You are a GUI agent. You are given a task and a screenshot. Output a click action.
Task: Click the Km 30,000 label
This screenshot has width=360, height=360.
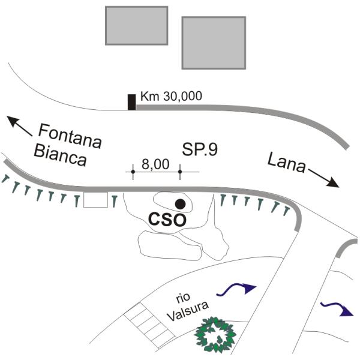(x=171, y=96)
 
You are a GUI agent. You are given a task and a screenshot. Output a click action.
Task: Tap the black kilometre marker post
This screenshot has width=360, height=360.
(x=131, y=102)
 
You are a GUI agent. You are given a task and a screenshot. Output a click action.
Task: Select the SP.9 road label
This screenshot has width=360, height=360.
(x=200, y=149)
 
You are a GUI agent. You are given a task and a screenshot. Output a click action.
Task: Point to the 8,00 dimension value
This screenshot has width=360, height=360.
(x=155, y=164)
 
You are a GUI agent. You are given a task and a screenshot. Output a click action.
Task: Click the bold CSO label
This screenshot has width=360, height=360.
(x=167, y=220)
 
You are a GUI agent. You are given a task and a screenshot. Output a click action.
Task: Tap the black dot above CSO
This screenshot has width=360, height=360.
(x=180, y=204)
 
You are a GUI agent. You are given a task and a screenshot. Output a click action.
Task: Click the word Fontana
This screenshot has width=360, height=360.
(x=70, y=136)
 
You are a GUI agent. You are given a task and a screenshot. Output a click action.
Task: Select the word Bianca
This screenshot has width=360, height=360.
(x=60, y=155)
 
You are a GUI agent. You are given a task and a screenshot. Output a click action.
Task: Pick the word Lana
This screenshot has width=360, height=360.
(x=286, y=163)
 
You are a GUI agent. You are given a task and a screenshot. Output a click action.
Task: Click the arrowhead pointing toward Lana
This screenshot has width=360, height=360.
(x=334, y=182)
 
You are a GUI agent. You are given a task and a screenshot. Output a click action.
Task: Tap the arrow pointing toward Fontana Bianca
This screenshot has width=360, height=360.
(x=19, y=126)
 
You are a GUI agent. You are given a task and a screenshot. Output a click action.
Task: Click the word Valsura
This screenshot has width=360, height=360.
(x=188, y=311)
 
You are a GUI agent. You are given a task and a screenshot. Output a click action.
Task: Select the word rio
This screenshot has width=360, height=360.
(x=183, y=298)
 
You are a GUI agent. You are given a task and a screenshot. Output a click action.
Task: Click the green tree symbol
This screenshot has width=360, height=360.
(x=215, y=335)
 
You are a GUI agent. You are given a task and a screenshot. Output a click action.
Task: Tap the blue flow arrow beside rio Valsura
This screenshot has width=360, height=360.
(x=236, y=289)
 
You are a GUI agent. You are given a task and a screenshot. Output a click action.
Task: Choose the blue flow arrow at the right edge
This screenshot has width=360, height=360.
(x=337, y=309)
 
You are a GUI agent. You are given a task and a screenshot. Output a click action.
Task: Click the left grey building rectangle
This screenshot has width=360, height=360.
(x=137, y=25)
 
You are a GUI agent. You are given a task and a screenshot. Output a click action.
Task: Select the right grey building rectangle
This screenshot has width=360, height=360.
(x=214, y=43)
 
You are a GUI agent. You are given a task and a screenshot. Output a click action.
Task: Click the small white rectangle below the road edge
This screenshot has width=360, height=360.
(x=95, y=200)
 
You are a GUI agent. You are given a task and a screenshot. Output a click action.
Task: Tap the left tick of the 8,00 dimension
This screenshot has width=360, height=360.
(x=133, y=172)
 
